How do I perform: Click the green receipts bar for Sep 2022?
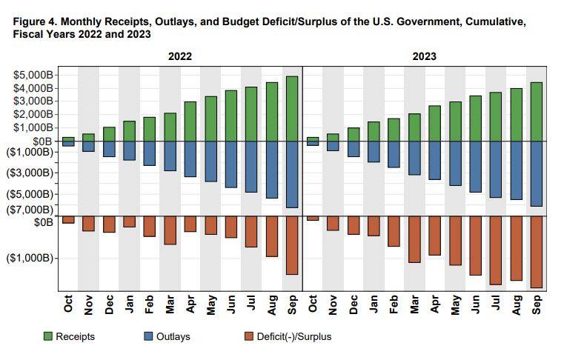pyautogui.click(x=291, y=108)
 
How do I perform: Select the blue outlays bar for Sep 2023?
pyautogui.click(x=536, y=173)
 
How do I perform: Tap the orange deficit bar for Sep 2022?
pyautogui.click(x=291, y=246)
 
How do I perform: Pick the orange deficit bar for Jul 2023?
pyautogui.click(x=495, y=251)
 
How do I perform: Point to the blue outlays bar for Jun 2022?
pyautogui.click(x=230, y=164)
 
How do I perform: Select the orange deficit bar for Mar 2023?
pyautogui.click(x=414, y=240)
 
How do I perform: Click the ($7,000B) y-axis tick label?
pyautogui.click(x=33, y=210)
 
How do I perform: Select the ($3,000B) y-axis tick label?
pyautogui.click(x=33, y=173)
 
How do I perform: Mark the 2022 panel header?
pyautogui.click(x=180, y=56)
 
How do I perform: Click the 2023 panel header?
pyautogui.click(x=424, y=56)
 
